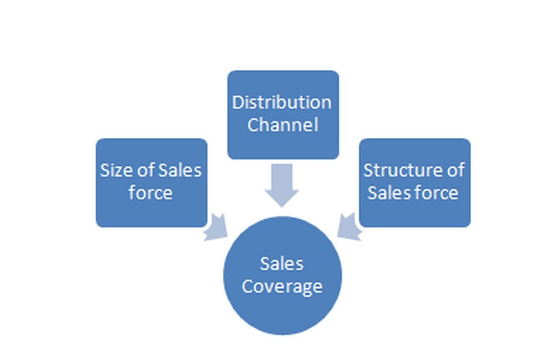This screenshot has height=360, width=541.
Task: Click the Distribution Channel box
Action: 283,114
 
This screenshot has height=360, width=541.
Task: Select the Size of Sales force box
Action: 151,182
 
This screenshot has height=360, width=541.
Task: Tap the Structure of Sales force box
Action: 414,182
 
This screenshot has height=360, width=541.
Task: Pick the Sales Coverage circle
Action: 282,275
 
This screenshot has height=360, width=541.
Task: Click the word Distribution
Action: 282,103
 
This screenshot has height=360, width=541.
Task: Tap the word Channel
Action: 282,125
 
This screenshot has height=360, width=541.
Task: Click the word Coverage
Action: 282,287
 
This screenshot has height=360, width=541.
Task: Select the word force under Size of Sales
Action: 151,193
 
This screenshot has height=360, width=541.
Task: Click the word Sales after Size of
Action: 180,171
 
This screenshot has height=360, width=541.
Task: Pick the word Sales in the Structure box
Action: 387,193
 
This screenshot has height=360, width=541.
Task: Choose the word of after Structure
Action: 454,170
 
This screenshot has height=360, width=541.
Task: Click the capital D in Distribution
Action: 238,103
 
